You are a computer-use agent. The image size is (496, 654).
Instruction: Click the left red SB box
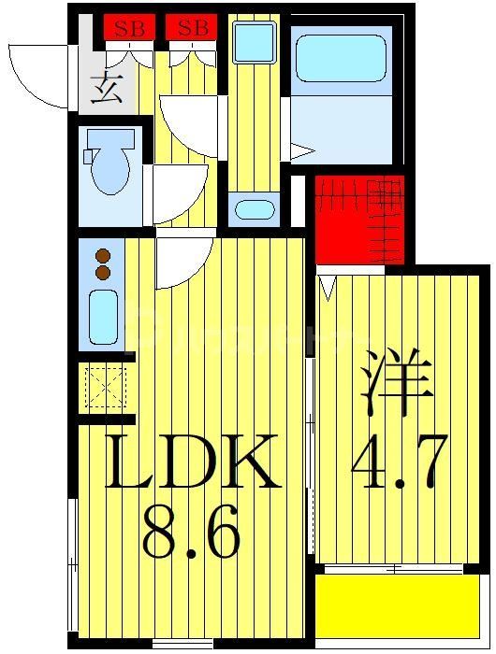pyautogui.click(x=129, y=28)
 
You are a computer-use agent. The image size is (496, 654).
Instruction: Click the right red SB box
pyautogui.click(x=192, y=28)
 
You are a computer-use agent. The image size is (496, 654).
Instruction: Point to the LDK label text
pyautogui.click(x=192, y=462)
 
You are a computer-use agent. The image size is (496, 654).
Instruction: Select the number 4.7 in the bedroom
pyautogui.click(x=398, y=461)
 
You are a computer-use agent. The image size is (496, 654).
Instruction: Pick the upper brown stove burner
pyautogui.click(x=103, y=255)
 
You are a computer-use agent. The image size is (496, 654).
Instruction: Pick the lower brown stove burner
pyautogui.click(x=103, y=273)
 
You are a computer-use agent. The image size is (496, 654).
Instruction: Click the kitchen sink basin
pyautogui.click(x=103, y=317)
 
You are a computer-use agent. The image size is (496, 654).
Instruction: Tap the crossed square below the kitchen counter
pyautogui.click(x=105, y=387)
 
